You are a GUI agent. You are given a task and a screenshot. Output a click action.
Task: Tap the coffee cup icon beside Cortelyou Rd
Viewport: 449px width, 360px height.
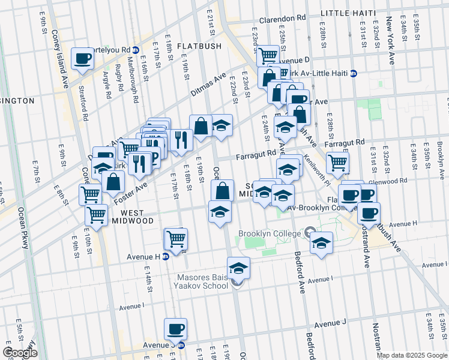pyautogui.click(x=82, y=59)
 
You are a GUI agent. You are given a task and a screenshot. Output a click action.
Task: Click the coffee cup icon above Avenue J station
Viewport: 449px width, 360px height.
pyautogui.click(x=175, y=328)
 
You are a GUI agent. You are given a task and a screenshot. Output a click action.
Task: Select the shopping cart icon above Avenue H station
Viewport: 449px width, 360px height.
pyautogui.click(x=176, y=239)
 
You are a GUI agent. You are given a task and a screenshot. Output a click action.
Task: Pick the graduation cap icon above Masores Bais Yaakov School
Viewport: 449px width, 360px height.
pyautogui.click(x=238, y=267)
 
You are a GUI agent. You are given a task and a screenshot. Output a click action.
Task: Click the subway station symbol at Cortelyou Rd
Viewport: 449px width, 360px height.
pyautogui.click(x=136, y=50)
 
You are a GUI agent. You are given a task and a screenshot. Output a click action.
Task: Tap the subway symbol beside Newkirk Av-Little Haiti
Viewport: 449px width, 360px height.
pyautogui.click(x=354, y=74)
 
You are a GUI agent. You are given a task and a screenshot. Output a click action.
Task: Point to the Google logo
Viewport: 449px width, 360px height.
pyautogui.click(x=20, y=352)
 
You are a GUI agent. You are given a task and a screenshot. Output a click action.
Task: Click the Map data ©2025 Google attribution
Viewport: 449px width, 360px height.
pyautogui.click(x=412, y=355)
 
